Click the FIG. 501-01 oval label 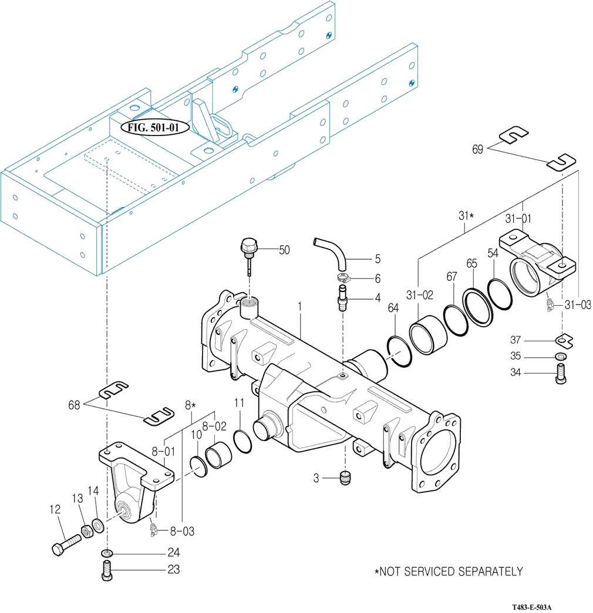[x=153, y=127]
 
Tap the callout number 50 [x=284, y=250]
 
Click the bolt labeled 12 [x=66, y=544]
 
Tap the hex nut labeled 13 [x=87, y=531]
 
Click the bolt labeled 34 [x=561, y=374]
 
